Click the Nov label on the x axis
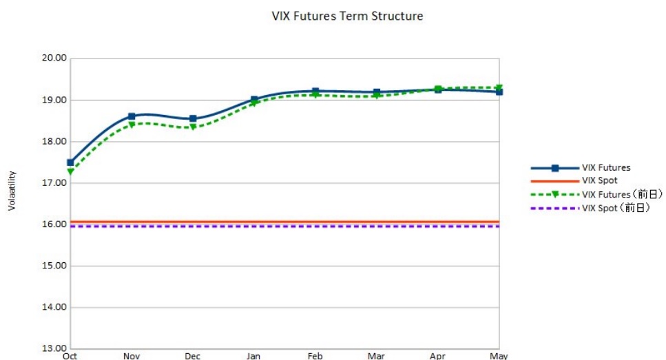pos(132,356)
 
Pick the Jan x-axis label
pos(254,356)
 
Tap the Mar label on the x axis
pos(376,356)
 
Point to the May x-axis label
pos(499,356)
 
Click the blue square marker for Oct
pos(70,163)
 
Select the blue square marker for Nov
pos(132,117)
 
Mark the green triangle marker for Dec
pos(193,127)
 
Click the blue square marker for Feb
pos(315,92)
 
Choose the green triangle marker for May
pos(499,87)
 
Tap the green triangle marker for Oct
pos(70,171)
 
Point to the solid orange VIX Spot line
pos(275,222)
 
